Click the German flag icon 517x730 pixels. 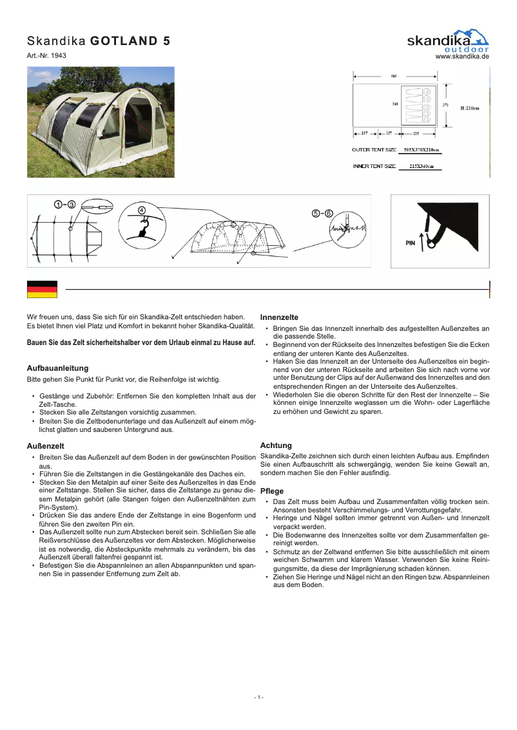click(x=42, y=290)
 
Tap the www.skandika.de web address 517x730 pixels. click(x=462, y=57)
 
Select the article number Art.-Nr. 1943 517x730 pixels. click(x=46, y=56)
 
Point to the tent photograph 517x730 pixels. click(x=101, y=122)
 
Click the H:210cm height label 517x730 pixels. click(x=469, y=108)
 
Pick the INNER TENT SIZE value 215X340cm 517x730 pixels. click(x=417, y=167)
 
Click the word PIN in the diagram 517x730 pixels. click(x=410, y=243)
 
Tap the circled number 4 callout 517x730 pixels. click(x=141, y=209)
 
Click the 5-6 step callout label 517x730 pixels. click(x=322, y=213)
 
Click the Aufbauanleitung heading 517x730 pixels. click(x=57, y=368)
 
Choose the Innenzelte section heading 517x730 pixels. click(x=278, y=317)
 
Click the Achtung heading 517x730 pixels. click(x=275, y=445)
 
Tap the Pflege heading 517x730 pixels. click(x=271, y=491)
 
